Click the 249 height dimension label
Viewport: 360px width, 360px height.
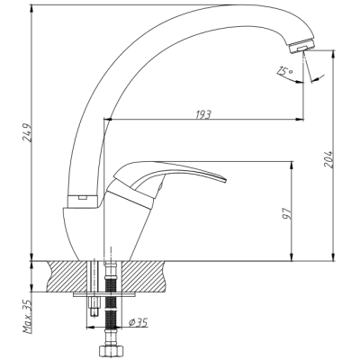point(26,132)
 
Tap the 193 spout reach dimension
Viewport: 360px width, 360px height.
point(203,114)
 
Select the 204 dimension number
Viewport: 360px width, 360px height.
point(329,158)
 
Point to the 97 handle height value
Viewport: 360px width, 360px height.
point(287,212)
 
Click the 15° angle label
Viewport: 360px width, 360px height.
point(284,71)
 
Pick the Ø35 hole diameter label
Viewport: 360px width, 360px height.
point(139,322)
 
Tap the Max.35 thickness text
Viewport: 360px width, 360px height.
point(28,316)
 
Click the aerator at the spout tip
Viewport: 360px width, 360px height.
point(301,46)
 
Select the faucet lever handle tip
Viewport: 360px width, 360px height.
point(225,179)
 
